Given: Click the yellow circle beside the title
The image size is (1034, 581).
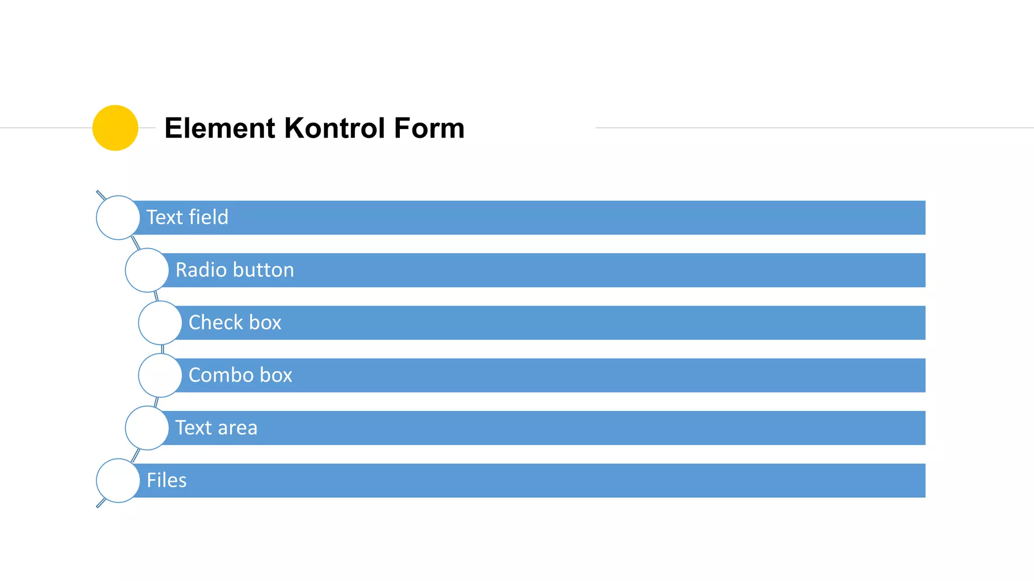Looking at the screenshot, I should click(x=115, y=128).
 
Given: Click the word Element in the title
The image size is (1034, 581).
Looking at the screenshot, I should click(x=220, y=128).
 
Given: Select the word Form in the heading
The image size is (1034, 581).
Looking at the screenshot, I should click(x=429, y=128).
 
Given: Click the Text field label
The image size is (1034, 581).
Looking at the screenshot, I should click(x=187, y=217).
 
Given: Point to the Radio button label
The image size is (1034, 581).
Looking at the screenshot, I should click(x=235, y=270).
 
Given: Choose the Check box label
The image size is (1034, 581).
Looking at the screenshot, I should click(x=235, y=322).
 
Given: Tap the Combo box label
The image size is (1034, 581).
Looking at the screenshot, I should click(x=240, y=375).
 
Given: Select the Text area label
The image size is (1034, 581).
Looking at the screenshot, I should click(x=216, y=428).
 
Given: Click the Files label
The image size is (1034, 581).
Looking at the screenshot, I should click(x=167, y=480).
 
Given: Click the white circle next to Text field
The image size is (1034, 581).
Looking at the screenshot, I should click(x=118, y=217).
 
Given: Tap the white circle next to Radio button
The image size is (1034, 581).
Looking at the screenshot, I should click(x=147, y=270).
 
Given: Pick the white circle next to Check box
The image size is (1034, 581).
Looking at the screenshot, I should click(x=160, y=323).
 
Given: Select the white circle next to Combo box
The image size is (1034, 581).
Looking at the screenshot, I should click(x=160, y=375).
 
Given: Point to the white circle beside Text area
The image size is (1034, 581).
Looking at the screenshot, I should click(x=147, y=428).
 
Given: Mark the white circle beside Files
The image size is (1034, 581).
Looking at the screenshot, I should click(x=118, y=480).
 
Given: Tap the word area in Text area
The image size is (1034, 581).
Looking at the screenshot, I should click(x=237, y=428).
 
